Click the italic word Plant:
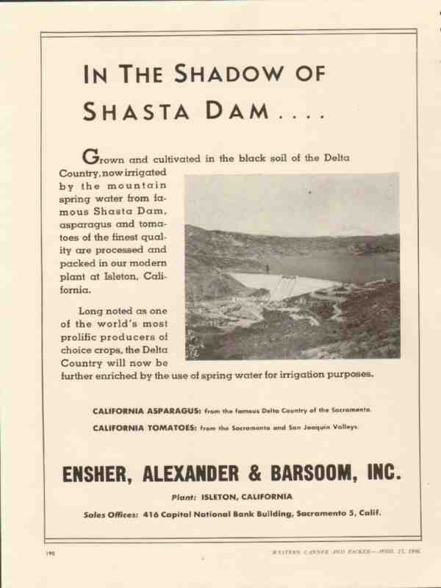[x=185, y=496]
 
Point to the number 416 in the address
[x=152, y=514]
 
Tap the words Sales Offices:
[x=110, y=514]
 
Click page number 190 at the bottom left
[x=49, y=551]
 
